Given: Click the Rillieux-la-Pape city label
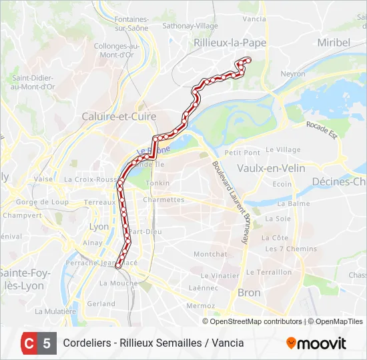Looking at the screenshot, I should (x=229, y=42).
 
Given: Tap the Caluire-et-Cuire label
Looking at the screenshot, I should (x=119, y=117).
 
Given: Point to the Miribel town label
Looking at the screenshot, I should (x=333, y=42).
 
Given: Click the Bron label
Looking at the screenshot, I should (x=249, y=293).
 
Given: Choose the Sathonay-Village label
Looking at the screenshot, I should (x=193, y=26).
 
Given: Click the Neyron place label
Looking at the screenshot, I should (x=293, y=74).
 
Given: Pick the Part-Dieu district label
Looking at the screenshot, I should (x=145, y=232).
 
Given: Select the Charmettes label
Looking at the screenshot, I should (x=163, y=199).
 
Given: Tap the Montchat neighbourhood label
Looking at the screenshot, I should (x=210, y=254).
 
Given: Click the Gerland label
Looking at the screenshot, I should (x=101, y=303).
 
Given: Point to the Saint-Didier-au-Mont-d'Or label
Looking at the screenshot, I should (x=33, y=82).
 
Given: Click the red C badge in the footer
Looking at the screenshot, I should (x=29, y=343).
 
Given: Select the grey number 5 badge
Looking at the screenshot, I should (x=47, y=343).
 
